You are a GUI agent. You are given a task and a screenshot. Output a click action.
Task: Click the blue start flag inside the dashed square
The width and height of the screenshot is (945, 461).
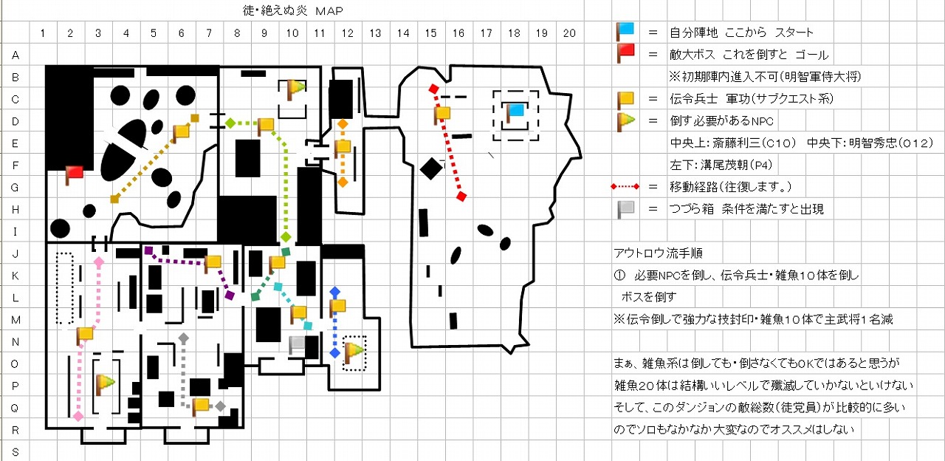click(515, 113)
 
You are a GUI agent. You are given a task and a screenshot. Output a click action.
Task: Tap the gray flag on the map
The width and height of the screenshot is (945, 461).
click(298, 345)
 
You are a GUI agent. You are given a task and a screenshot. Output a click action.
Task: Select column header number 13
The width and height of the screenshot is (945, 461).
click(375, 33)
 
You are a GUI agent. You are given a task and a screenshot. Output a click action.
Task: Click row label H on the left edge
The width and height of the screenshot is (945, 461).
click(16, 209)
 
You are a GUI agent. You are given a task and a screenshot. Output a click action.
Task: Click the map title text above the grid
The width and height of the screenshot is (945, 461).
click(293, 10)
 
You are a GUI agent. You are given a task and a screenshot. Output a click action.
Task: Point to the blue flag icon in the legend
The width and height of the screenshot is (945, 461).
click(625, 32)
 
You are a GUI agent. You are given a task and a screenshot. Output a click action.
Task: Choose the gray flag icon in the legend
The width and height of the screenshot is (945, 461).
click(625, 209)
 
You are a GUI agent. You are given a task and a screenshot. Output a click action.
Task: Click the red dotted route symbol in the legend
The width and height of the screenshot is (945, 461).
click(625, 187)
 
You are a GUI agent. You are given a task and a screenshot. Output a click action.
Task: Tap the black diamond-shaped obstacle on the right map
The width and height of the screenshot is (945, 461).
click(431, 169)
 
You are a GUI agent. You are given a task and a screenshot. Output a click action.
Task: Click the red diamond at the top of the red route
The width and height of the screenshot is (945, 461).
click(433, 89)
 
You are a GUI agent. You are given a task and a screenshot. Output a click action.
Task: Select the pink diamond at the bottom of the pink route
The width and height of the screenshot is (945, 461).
click(78, 417)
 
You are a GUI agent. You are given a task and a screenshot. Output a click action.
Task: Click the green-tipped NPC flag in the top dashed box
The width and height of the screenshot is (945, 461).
click(296, 90)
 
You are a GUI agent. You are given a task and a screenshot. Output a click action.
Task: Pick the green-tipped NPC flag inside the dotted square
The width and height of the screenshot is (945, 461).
click(354, 353)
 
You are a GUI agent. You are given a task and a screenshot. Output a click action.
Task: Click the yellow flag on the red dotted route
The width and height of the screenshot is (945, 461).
click(442, 114)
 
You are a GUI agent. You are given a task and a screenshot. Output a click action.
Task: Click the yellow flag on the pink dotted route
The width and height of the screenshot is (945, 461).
click(85, 335)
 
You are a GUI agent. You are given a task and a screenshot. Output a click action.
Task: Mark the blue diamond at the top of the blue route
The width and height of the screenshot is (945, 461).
click(335, 292)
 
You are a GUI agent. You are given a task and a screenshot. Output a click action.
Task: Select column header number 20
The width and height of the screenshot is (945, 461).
click(569, 33)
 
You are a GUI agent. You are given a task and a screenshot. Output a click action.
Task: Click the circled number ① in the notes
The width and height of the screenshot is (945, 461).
click(619, 276)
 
